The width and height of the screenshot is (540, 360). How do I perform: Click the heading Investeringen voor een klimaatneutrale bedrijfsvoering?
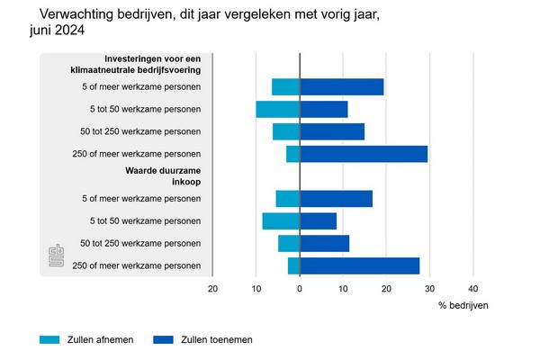tap(151, 63)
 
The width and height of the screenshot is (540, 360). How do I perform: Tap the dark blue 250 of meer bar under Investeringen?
tap(364, 154)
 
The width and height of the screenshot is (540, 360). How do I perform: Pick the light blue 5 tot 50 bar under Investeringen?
tap(277, 109)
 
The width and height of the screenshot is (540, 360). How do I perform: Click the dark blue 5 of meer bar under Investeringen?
tap(342, 87)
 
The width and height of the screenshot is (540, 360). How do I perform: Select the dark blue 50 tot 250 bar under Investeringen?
tap(332, 131)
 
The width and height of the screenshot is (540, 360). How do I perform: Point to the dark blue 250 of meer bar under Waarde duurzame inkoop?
tap(360, 265)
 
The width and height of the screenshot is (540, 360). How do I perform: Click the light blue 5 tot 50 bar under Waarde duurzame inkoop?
tap(281, 220)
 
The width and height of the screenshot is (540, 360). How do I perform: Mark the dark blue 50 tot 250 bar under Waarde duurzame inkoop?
tap(324, 243)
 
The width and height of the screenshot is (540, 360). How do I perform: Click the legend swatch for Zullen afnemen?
tap(49, 339)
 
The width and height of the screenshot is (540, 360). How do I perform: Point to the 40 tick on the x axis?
tap(473, 288)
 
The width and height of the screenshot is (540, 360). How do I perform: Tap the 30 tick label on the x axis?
tap(430, 288)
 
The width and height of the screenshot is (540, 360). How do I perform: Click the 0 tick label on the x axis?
tap(300, 288)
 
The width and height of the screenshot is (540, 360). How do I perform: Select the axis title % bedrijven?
tap(463, 306)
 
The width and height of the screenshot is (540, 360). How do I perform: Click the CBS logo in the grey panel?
tap(54, 256)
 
